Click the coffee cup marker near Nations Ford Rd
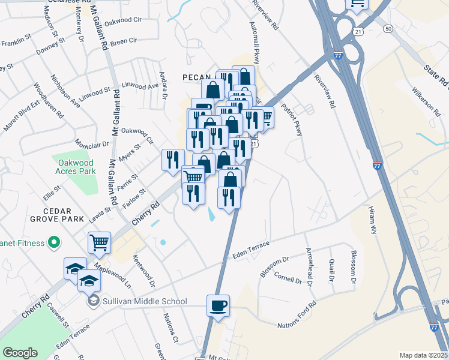click(x=218, y=305)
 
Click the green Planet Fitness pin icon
click(x=53, y=243)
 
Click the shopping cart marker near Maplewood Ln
click(x=99, y=243)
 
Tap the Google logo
click(x=20, y=353)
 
